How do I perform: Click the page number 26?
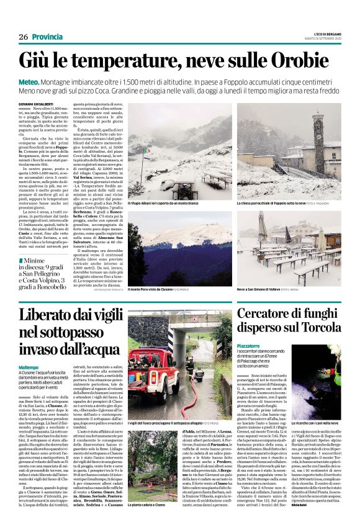tap(23, 38)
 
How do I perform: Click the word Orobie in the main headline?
tap(308, 61)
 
